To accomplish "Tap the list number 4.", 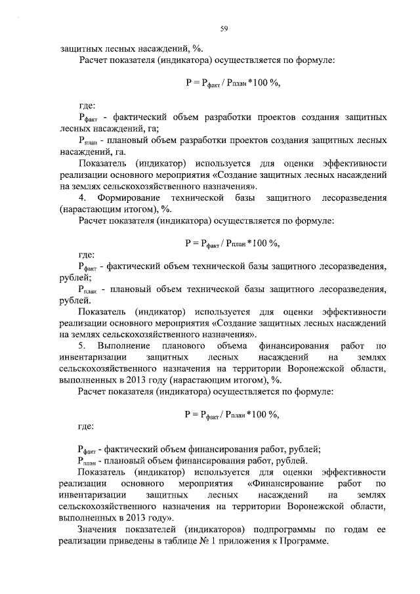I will pyautogui.click(x=81, y=198).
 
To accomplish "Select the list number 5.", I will pyautogui.click(x=81, y=345).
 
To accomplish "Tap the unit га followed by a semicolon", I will pyautogui.click(x=164, y=129).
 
